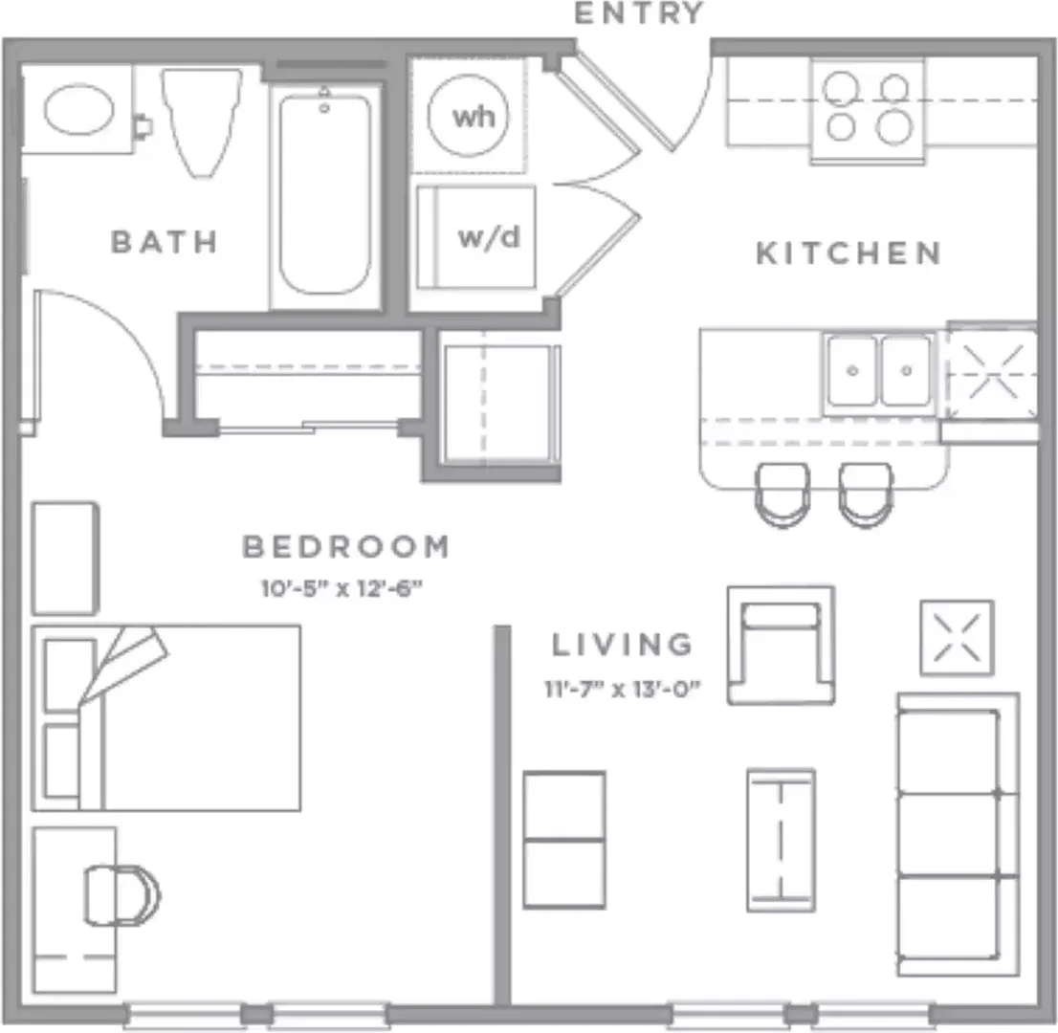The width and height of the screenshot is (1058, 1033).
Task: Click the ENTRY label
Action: click(639, 13)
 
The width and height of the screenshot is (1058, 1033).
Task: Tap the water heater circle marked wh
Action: click(469, 117)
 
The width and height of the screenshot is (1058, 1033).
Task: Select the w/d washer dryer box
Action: click(476, 237)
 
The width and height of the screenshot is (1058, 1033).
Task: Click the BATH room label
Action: click(164, 242)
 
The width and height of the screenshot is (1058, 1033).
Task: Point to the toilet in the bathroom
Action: click(201, 121)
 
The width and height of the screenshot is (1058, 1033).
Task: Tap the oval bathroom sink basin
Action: click(79, 109)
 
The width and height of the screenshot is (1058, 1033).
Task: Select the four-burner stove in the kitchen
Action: click(868, 111)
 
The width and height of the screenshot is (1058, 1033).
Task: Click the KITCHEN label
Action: click(849, 253)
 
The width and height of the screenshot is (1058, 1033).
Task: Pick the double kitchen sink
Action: click(879, 371)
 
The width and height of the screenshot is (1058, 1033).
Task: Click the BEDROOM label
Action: click(345, 546)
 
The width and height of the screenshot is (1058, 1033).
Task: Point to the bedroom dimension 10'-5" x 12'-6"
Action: click(342, 589)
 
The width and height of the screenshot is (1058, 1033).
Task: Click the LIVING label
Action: click(622, 645)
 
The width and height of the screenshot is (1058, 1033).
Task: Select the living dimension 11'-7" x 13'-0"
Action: click(623, 689)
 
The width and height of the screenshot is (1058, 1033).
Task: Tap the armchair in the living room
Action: click(781, 646)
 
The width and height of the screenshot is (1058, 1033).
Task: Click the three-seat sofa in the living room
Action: click(958, 835)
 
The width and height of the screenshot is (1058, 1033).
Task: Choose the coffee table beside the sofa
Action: click(781, 841)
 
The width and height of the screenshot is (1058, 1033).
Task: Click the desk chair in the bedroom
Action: click(121, 895)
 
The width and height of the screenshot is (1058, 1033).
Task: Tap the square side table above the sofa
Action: click(957, 638)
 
